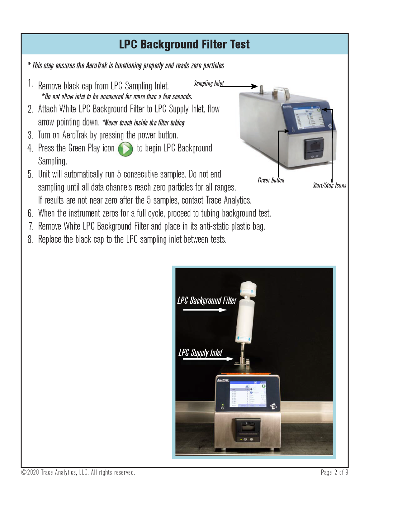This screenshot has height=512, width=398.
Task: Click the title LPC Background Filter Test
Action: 184,44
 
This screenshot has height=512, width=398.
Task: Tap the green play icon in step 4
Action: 125,149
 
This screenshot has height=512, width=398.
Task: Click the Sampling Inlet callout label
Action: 209,83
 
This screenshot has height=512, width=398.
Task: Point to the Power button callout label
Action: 271,180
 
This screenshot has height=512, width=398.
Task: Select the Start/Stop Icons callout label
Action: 329,185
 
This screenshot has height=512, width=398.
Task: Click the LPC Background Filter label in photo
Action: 207,300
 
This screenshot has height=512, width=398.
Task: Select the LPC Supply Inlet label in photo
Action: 200,353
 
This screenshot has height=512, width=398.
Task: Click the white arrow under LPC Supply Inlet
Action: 208,359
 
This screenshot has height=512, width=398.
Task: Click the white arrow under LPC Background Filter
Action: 205,310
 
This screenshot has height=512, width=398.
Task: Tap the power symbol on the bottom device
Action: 223,407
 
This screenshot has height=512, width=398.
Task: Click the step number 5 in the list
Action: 30,174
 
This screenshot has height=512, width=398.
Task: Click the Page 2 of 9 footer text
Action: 334,472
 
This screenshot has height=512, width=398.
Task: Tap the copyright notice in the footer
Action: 78,472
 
